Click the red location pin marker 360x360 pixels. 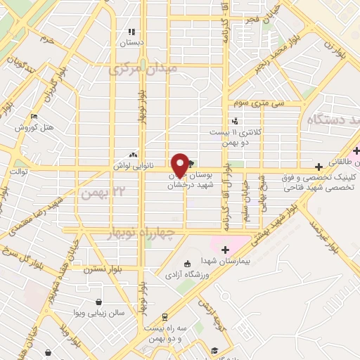[181, 164]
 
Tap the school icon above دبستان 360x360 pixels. [130, 32]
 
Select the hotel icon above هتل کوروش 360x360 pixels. [34, 117]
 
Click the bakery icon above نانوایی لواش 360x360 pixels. [133, 155]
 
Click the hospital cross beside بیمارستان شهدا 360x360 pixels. [225, 249]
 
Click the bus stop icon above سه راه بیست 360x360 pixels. [165, 317]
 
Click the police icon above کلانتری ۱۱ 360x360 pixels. [235, 120]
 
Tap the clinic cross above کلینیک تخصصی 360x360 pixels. [319, 167]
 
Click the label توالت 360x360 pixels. [18, 171]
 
